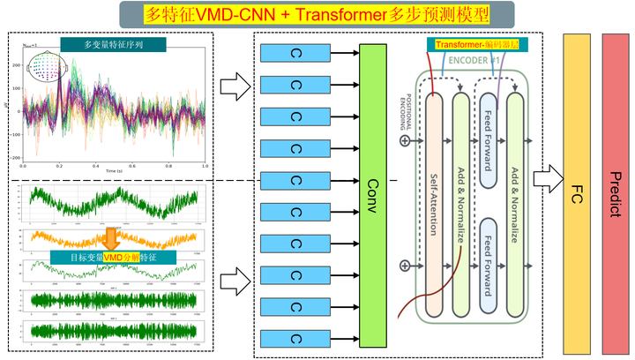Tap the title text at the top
point(317,12)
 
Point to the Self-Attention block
point(432,203)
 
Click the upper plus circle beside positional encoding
point(405,139)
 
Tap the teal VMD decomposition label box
point(123,256)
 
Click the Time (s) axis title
point(112,169)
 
